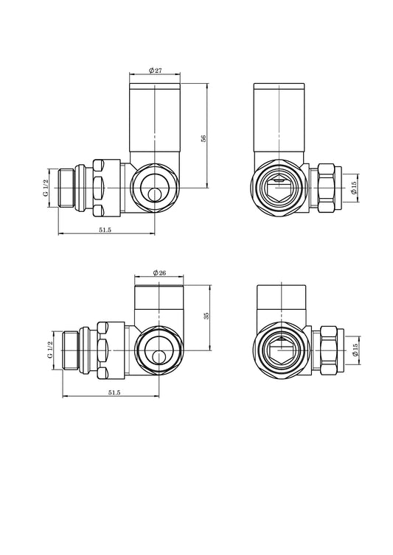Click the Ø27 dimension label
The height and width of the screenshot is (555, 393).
[x=156, y=71]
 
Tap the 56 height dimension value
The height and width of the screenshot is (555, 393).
[x=204, y=138]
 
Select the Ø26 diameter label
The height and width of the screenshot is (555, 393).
[x=159, y=272]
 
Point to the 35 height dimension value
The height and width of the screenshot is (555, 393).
[x=206, y=316]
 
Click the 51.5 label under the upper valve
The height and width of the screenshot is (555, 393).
[x=105, y=230]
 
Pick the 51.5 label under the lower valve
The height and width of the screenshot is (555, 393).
[x=114, y=392]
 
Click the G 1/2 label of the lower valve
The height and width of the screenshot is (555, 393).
[x=50, y=350]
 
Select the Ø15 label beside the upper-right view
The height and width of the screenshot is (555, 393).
[x=353, y=188]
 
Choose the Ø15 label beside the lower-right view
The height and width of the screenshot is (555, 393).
[x=355, y=350]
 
